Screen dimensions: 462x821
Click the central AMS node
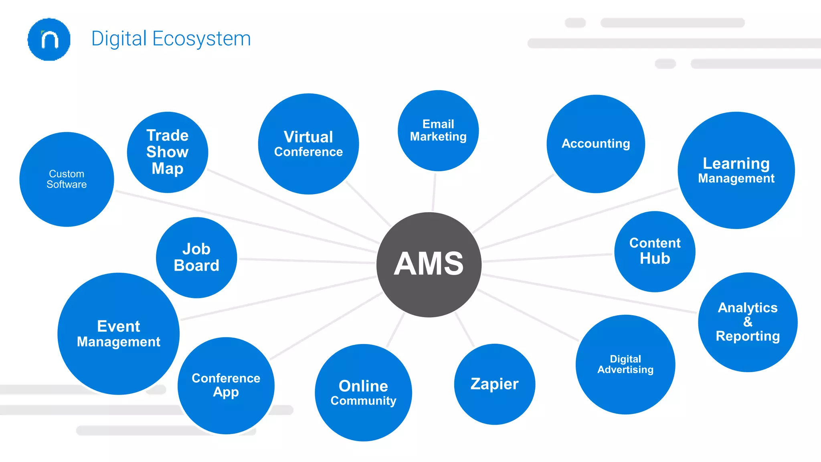click(429, 265)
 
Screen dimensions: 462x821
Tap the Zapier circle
click(494, 384)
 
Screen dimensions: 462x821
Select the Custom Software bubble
click(67, 179)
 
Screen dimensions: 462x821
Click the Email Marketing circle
click(438, 130)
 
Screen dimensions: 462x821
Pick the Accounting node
click(596, 144)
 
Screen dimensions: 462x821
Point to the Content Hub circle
click(655, 251)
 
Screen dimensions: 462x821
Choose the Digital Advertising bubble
click(625, 364)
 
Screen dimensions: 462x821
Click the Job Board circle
click(196, 257)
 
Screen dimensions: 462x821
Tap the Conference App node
click(226, 385)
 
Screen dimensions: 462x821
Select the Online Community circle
click(363, 392)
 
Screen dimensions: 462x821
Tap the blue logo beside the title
click(49, 39)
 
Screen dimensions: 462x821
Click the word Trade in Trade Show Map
click(167, 135)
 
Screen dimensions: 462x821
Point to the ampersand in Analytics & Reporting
click(748, 322)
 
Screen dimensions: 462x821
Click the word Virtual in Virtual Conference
click(308, 137)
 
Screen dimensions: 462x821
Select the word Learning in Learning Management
click(736, 163)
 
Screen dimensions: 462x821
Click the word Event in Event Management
click(118, 326)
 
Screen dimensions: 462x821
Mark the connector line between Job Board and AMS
click(307, 261)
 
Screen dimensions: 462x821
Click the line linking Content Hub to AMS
click(547, 257)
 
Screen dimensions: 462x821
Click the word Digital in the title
click(119, 39)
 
